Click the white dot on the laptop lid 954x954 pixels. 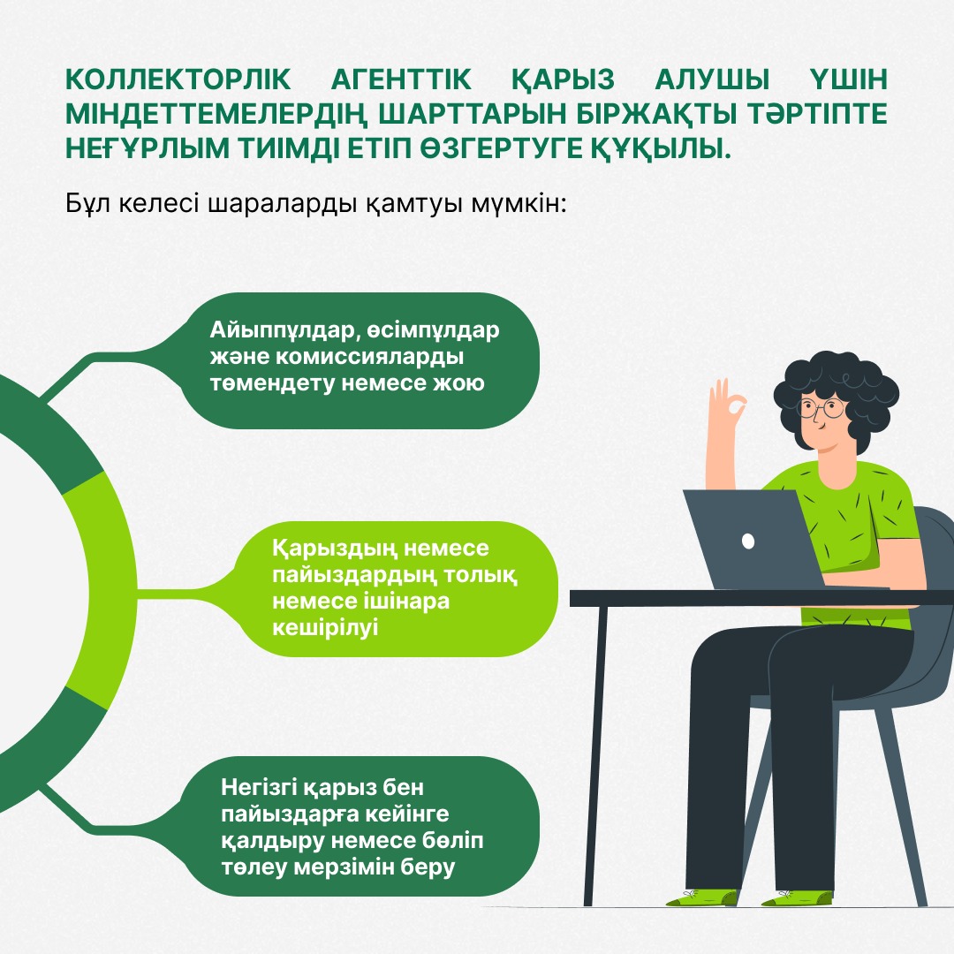(748, 540)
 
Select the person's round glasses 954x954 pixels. (821, 409)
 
